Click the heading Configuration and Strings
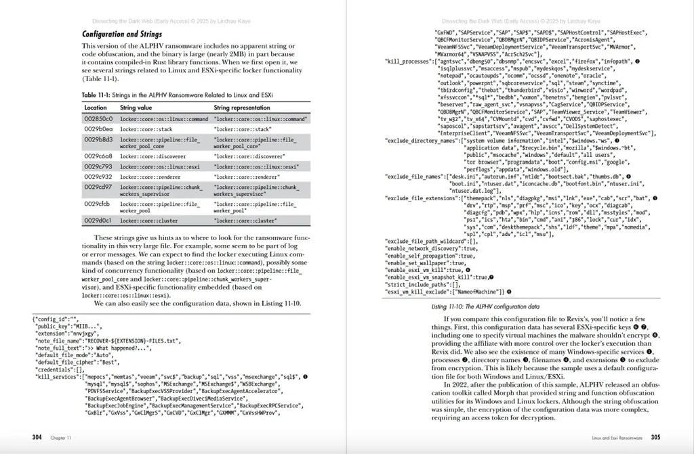coord(122,34)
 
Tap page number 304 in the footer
coord(37,437)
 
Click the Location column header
coord(95,108)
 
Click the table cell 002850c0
coord(98,119)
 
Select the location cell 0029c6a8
coord(98,155)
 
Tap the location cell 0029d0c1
coord(98,220)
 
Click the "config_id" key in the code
coord(48,318)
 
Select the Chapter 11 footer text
coord(62,438)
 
